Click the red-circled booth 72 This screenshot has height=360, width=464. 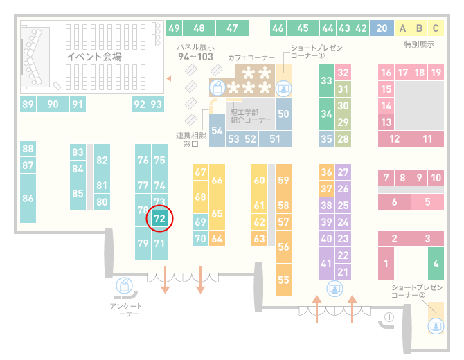(x=159, y=219)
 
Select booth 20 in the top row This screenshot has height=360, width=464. (x=382, y=28)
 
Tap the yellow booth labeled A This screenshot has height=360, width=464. (x=402, y=28)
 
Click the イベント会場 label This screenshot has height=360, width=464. (x=94, y=56)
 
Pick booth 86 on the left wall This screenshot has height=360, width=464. (x=28, y=198)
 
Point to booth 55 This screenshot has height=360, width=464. (x=283, y=280)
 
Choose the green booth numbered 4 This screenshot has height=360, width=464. (x=436, y=263)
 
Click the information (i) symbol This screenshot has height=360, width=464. (x=389, y=317)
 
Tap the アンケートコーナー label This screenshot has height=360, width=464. (x=126, y=309)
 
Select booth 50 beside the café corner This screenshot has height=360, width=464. (x=283, y=114)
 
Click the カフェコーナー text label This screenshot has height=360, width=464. (x=251, y=57)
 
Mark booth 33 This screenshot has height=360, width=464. (x=326, y=80)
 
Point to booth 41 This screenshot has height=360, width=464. (x=326, y=263)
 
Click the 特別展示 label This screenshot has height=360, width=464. (x=419, y=44)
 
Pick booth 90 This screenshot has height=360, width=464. (x=53, y=104)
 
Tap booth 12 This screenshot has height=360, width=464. (x=394, y=138)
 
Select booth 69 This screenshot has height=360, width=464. (x=200, y=222)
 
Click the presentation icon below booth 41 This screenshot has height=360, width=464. (x=334, y=289)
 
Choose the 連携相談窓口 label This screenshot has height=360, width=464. (x=191, y=140)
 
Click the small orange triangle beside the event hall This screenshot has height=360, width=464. (x=169, y=78)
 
